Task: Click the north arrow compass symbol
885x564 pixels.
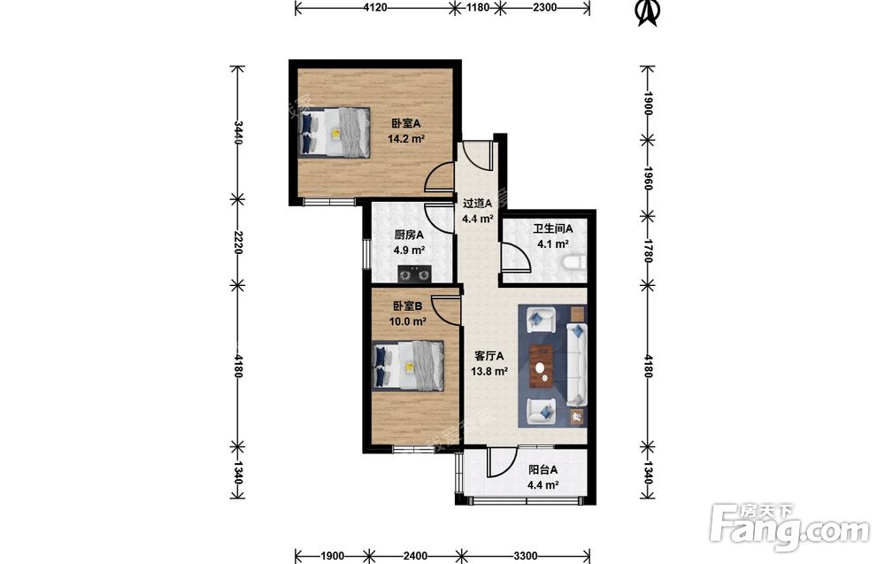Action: (649, 13)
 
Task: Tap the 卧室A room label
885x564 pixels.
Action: (406, 123)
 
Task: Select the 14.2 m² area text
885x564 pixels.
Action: (406, 138)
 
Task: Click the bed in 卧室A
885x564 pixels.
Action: (335, 132)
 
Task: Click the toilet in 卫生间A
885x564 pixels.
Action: (574, 264)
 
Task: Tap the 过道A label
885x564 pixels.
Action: (478, 203)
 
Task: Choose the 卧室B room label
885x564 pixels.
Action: (407, 306)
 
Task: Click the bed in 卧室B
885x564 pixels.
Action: (407, 366)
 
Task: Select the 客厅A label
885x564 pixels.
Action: (489, 356)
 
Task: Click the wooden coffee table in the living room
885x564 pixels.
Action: (542, 367)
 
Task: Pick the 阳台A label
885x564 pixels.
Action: (543, 470)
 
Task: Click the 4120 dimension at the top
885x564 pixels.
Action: (375, 7)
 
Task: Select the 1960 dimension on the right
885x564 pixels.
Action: (648, 178)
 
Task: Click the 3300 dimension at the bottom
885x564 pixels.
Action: (525, 556)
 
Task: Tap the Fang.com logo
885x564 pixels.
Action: (790, 528)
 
